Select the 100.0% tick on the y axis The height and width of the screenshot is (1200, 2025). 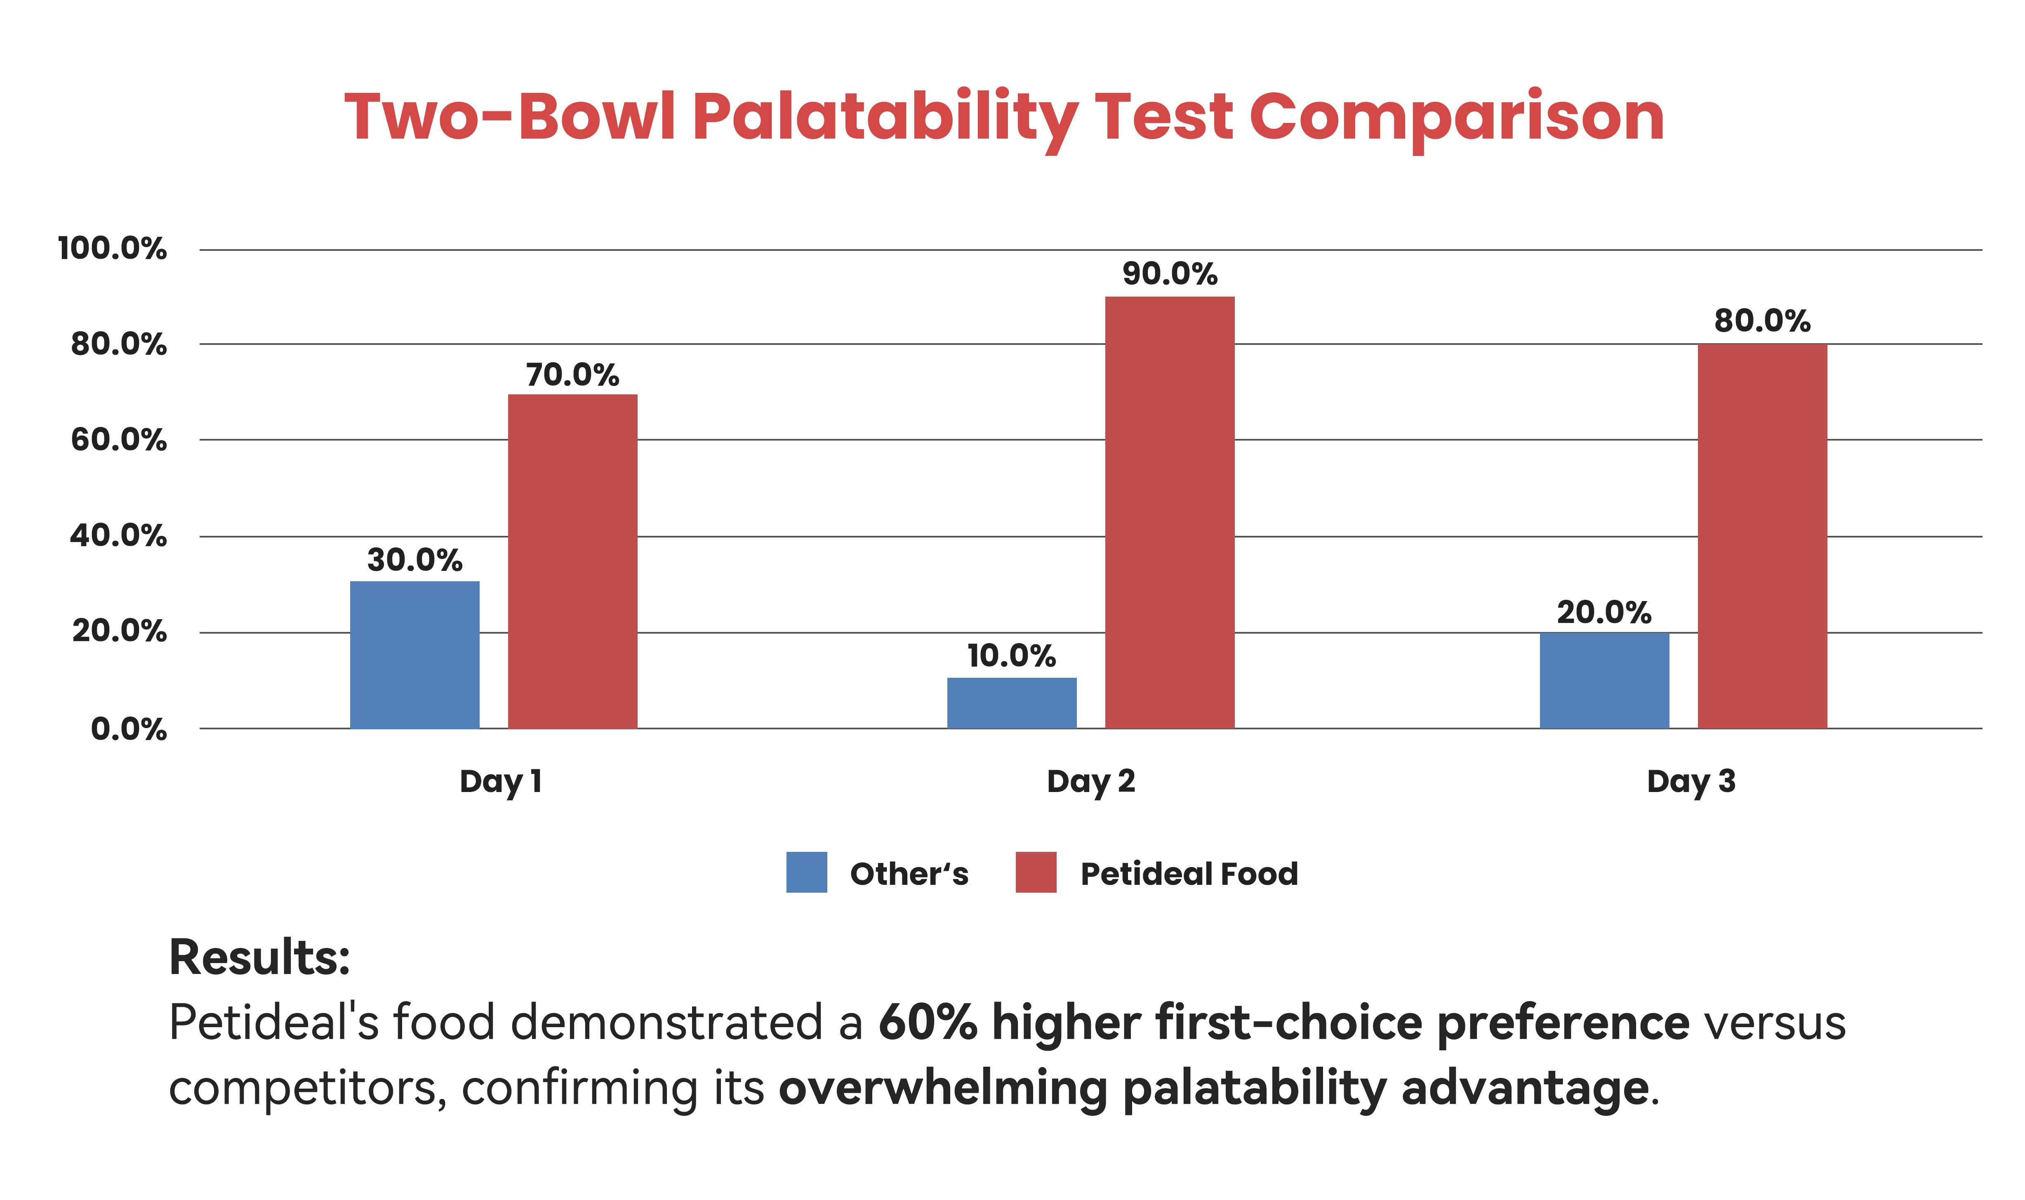tap(112, 248)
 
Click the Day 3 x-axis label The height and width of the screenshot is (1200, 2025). tap(1691, 781)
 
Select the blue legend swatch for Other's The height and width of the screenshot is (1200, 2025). tap(806, 872)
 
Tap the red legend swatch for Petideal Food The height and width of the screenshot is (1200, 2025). tap(1036, 872)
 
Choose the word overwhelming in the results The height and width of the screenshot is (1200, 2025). tap(942, 1088)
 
